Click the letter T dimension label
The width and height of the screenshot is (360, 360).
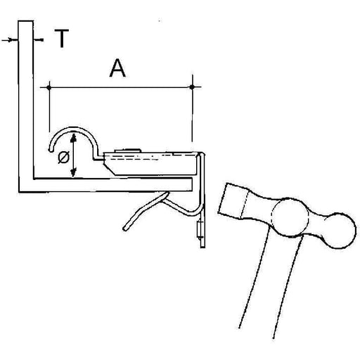[62, 38]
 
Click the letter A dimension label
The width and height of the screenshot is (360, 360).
[117, 68]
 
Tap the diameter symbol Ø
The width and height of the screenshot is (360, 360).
[63, 157]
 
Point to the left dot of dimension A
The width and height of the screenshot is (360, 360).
[49, 88]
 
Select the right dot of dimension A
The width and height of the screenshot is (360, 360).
[192, 87]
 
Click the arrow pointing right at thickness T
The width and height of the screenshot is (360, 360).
[10, 40]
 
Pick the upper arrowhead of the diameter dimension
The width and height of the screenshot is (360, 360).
[74, 138]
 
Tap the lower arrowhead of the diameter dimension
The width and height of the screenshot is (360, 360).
[74, 172]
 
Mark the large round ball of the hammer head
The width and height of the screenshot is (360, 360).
[290, 217]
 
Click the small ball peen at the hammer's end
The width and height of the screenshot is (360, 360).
[339, 231]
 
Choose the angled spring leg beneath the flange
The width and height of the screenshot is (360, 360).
[146, 210]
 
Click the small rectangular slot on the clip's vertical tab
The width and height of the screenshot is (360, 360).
[200, 230]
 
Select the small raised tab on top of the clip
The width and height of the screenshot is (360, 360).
[128, 150]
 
